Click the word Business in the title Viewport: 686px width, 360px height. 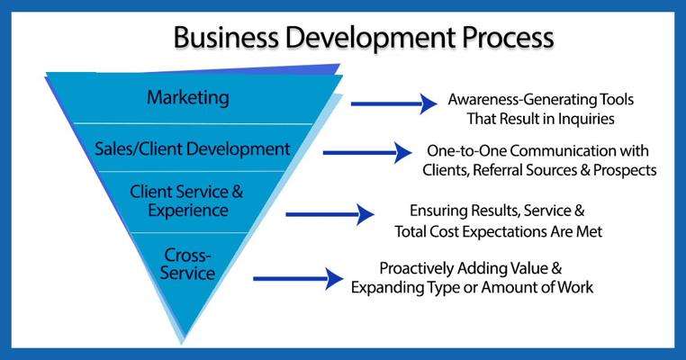click(226, 37)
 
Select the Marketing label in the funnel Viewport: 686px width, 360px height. click(187, 97)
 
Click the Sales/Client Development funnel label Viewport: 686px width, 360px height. click(193, 149)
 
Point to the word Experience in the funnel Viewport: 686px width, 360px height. click(188, 211)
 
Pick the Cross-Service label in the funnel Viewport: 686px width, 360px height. click(187, 265)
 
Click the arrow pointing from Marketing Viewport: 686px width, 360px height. click(393, 103)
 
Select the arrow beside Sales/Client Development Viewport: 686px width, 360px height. click(367, 153)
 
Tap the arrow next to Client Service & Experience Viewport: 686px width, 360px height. click(329, 214)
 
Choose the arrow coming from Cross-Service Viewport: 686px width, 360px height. click(298, 279)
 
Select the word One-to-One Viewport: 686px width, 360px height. click(466, 151)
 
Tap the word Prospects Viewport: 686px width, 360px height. click(625, 170)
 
